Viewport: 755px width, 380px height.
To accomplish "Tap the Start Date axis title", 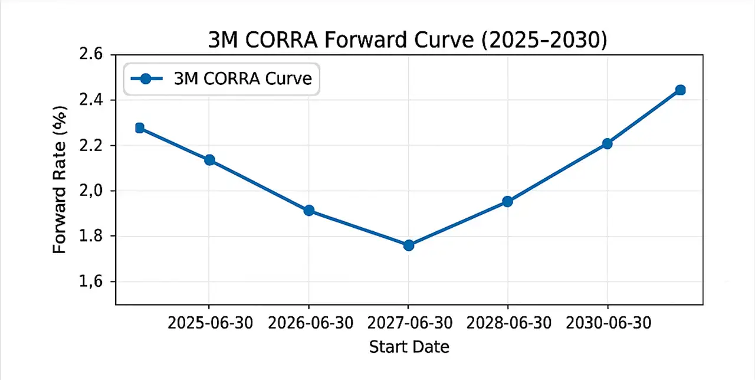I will point(409,346).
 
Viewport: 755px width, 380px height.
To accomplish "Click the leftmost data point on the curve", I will point(140,128).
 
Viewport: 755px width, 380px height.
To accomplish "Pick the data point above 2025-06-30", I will point(209,160).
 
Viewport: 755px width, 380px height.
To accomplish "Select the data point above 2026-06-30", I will point(308,211).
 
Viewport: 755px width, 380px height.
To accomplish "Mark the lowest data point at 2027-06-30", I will point(409,245).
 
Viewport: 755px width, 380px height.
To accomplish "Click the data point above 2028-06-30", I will point(507,201).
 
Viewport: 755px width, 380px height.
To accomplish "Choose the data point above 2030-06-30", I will point(607,143).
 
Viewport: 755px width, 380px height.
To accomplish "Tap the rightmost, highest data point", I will point(680,90).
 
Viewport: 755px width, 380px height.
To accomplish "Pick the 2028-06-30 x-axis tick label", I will point(508,323).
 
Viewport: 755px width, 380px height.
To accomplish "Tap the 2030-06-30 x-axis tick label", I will point(608,323).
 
